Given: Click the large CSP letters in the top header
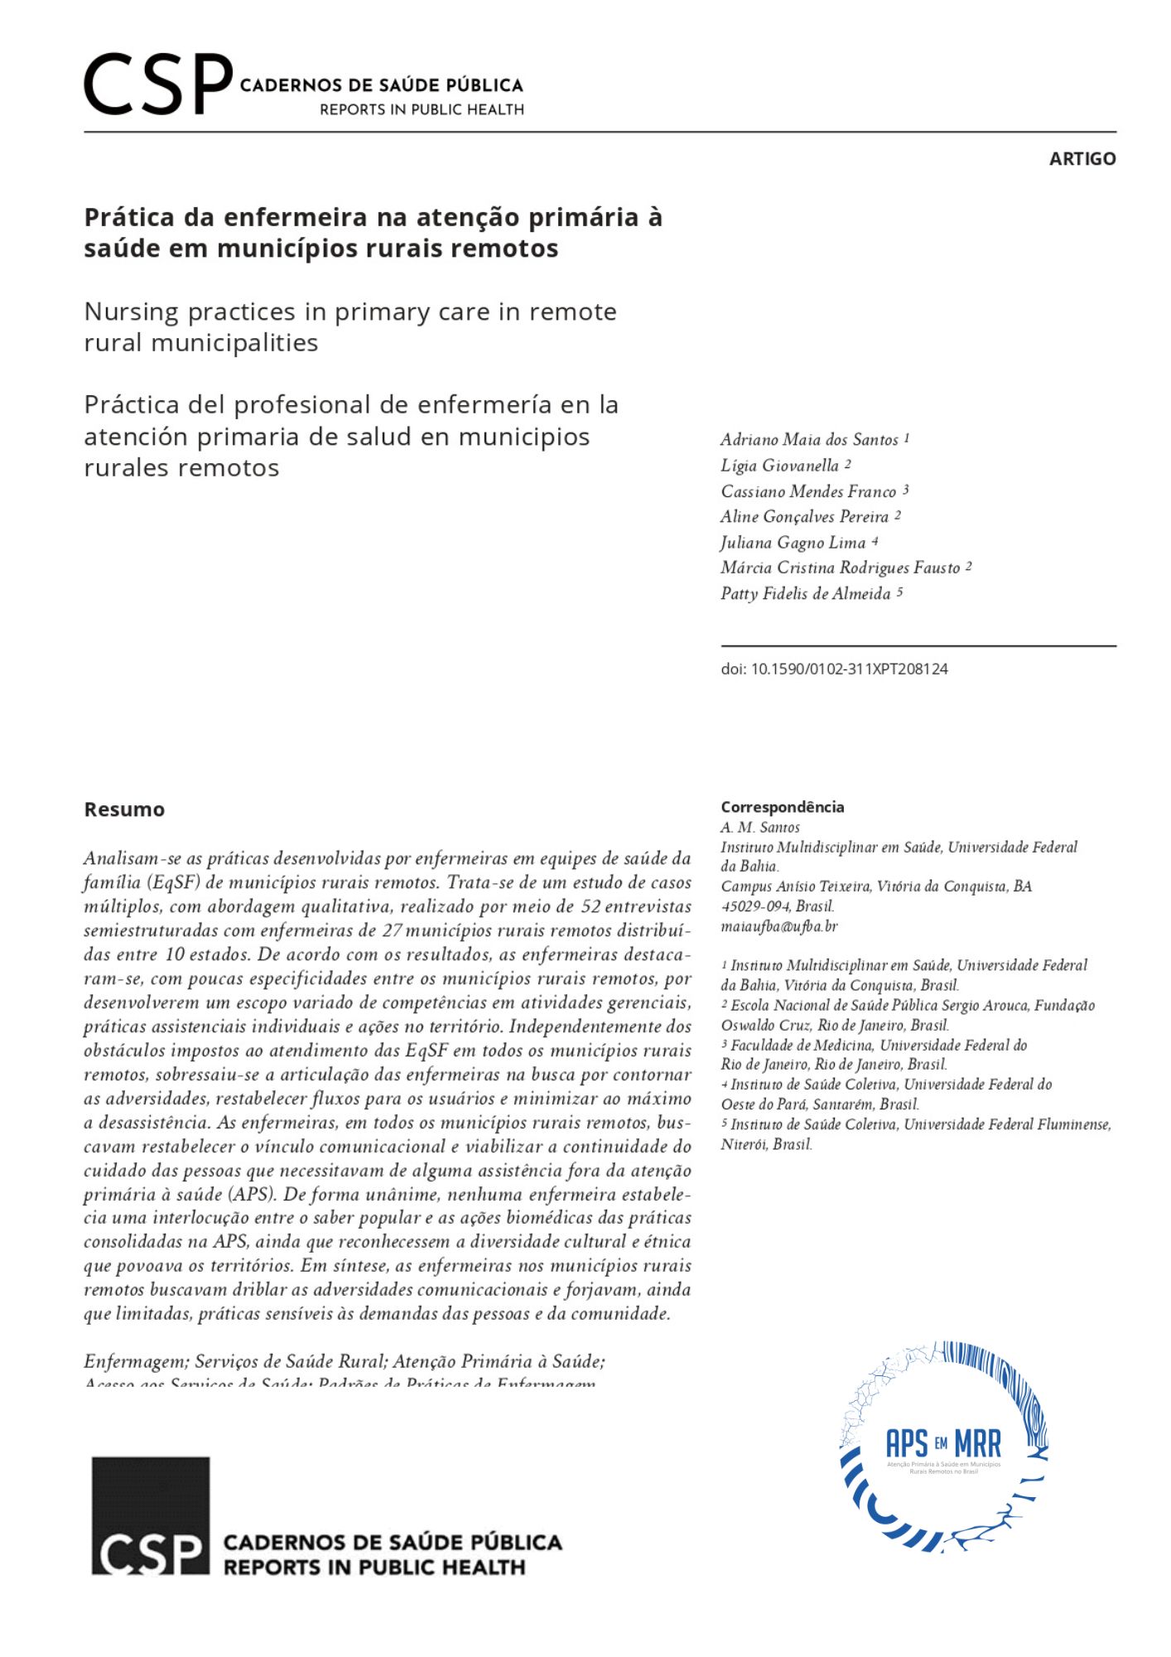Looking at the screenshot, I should tap(157, 84).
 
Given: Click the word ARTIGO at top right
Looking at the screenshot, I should tap(1082, 158).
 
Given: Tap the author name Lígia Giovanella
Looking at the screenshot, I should tap(779, 465).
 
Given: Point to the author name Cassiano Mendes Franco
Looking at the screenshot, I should tap(808, 491).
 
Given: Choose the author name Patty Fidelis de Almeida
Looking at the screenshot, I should tap(805, 593).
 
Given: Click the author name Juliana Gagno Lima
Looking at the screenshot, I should tap(793, 543).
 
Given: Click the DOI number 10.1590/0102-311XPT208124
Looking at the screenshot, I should tap(849, 669).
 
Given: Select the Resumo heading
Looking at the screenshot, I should tap(124, 809).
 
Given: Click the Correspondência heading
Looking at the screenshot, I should tap(782, 807).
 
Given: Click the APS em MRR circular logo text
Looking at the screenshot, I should tap(942, 1444).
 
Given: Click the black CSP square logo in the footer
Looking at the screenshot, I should tap(150, 1515).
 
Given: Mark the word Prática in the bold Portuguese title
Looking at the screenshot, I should tap(129, 217).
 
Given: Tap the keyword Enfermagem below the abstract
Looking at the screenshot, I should tap(137, 1361).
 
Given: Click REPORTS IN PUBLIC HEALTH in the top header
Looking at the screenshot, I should tap(422, 109).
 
